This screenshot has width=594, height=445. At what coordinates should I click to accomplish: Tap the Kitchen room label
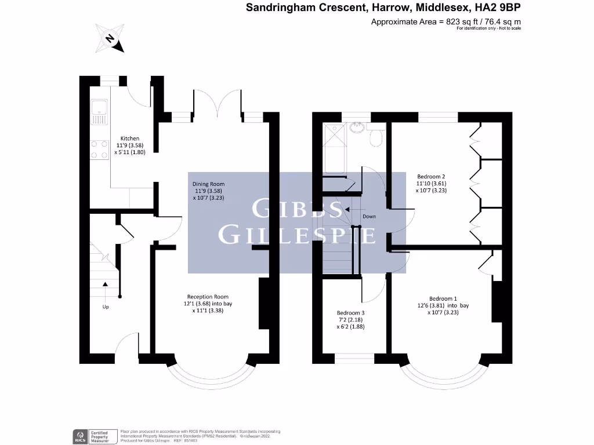(130, 138)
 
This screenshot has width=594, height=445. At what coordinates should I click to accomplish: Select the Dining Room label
(208, 184)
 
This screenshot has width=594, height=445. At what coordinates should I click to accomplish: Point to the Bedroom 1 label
(443, 298)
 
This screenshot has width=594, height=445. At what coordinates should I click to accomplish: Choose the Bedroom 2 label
(431, 176)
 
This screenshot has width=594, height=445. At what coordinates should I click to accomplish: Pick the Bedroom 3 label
(350, 312)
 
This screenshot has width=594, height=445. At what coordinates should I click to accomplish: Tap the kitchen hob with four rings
(99, 149)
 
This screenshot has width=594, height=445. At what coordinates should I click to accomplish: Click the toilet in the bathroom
(376, 137)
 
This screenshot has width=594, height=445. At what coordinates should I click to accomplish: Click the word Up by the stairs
(106, 307)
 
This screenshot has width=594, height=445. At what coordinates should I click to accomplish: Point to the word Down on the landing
(369, 217)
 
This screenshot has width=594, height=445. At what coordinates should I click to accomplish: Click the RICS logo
(78, 435)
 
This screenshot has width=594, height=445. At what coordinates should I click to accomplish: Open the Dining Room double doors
(216, 104)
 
